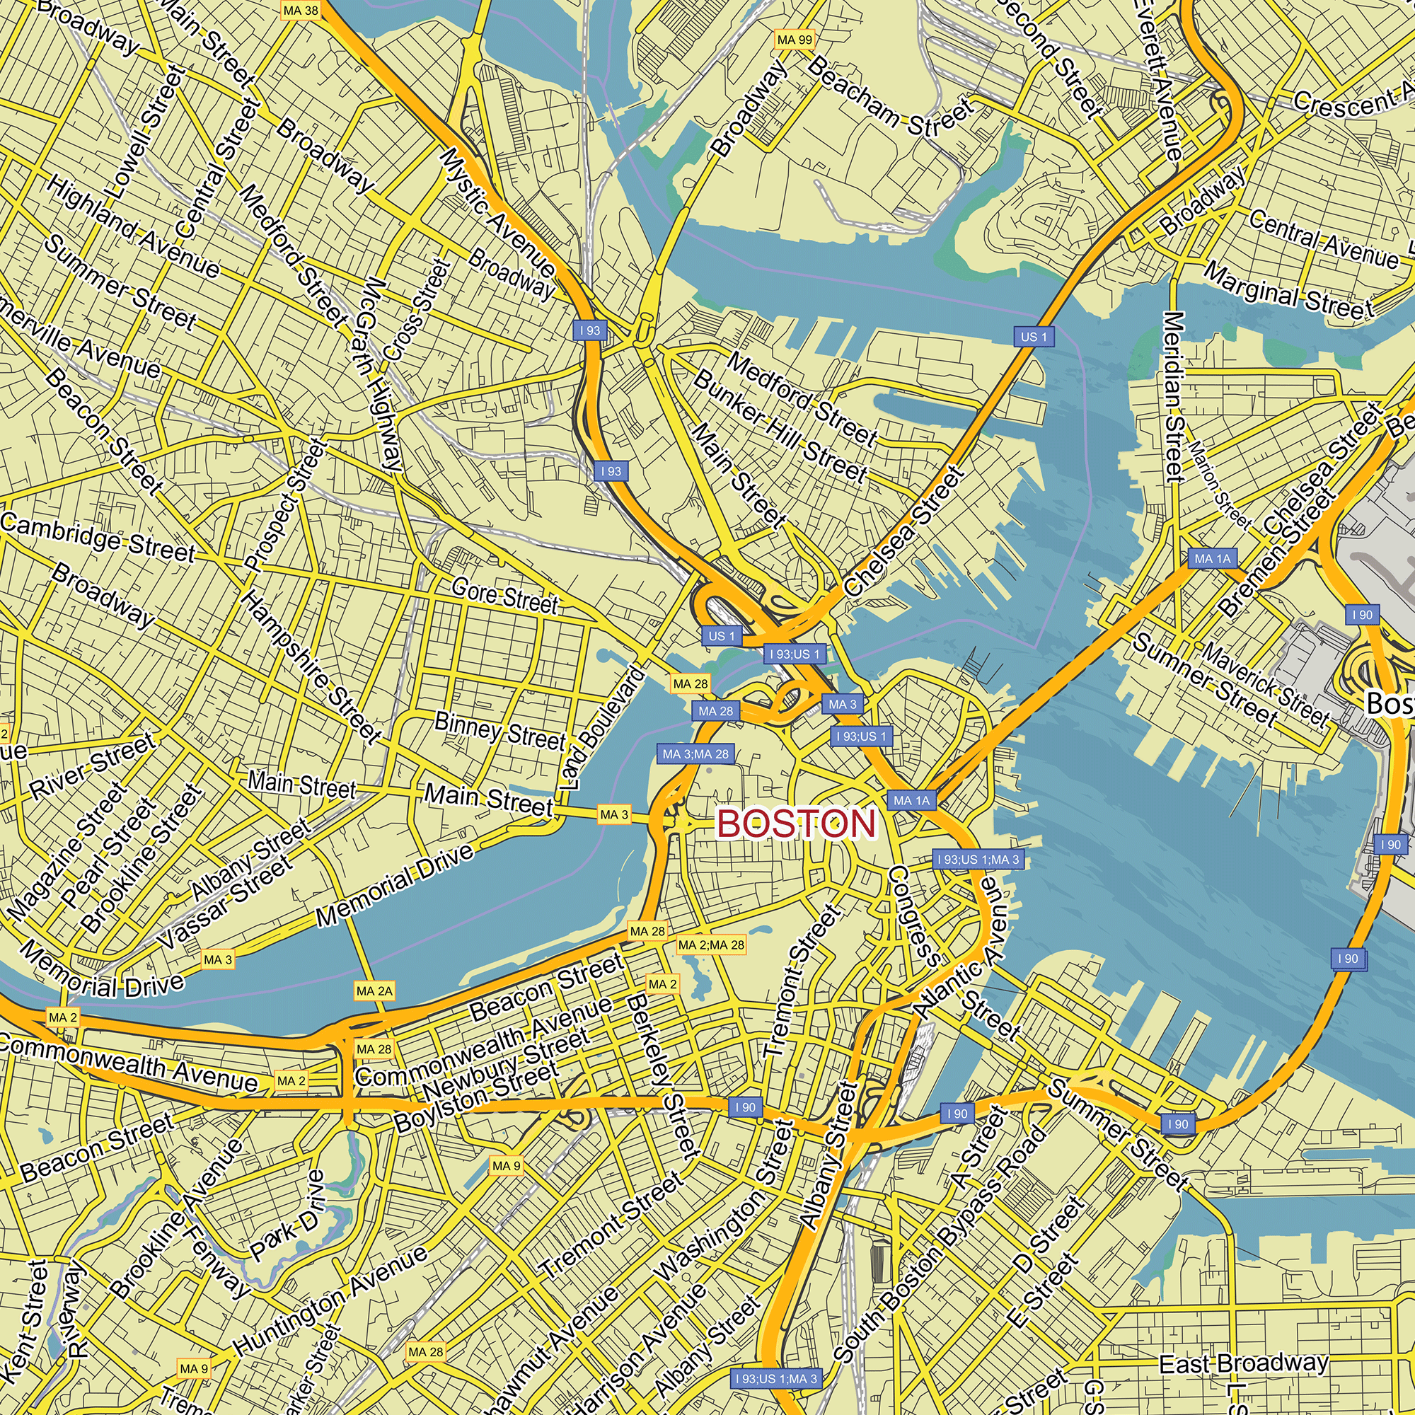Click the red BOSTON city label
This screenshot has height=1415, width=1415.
pyautogui.click(x=797, y=824)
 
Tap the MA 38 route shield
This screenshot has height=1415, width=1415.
pyautogui.click(x=300, y=10)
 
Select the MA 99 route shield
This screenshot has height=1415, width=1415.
pyautogui.click(x=795, y=40)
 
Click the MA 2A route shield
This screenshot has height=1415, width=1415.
pyautogui.click(x=374, y=991)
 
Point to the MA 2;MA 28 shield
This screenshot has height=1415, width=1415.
pyautogui.click(x=710, y=945)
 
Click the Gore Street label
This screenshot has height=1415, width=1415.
pyautogui.click(x=504, y=596)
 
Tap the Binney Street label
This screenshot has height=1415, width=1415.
pyautogui.click(x=499, y=729)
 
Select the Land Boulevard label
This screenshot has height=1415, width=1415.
pyautogui.click(x=602, y=729)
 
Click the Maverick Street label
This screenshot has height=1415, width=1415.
pyautogui.click(x=1266, y=684)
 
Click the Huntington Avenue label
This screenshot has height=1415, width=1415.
pyautogui.click(x=330, y=1302)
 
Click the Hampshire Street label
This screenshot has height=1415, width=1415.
pyautogui.click(x=311, y=666)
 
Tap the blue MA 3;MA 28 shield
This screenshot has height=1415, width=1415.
pyautogui.click(x=695, y=753)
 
